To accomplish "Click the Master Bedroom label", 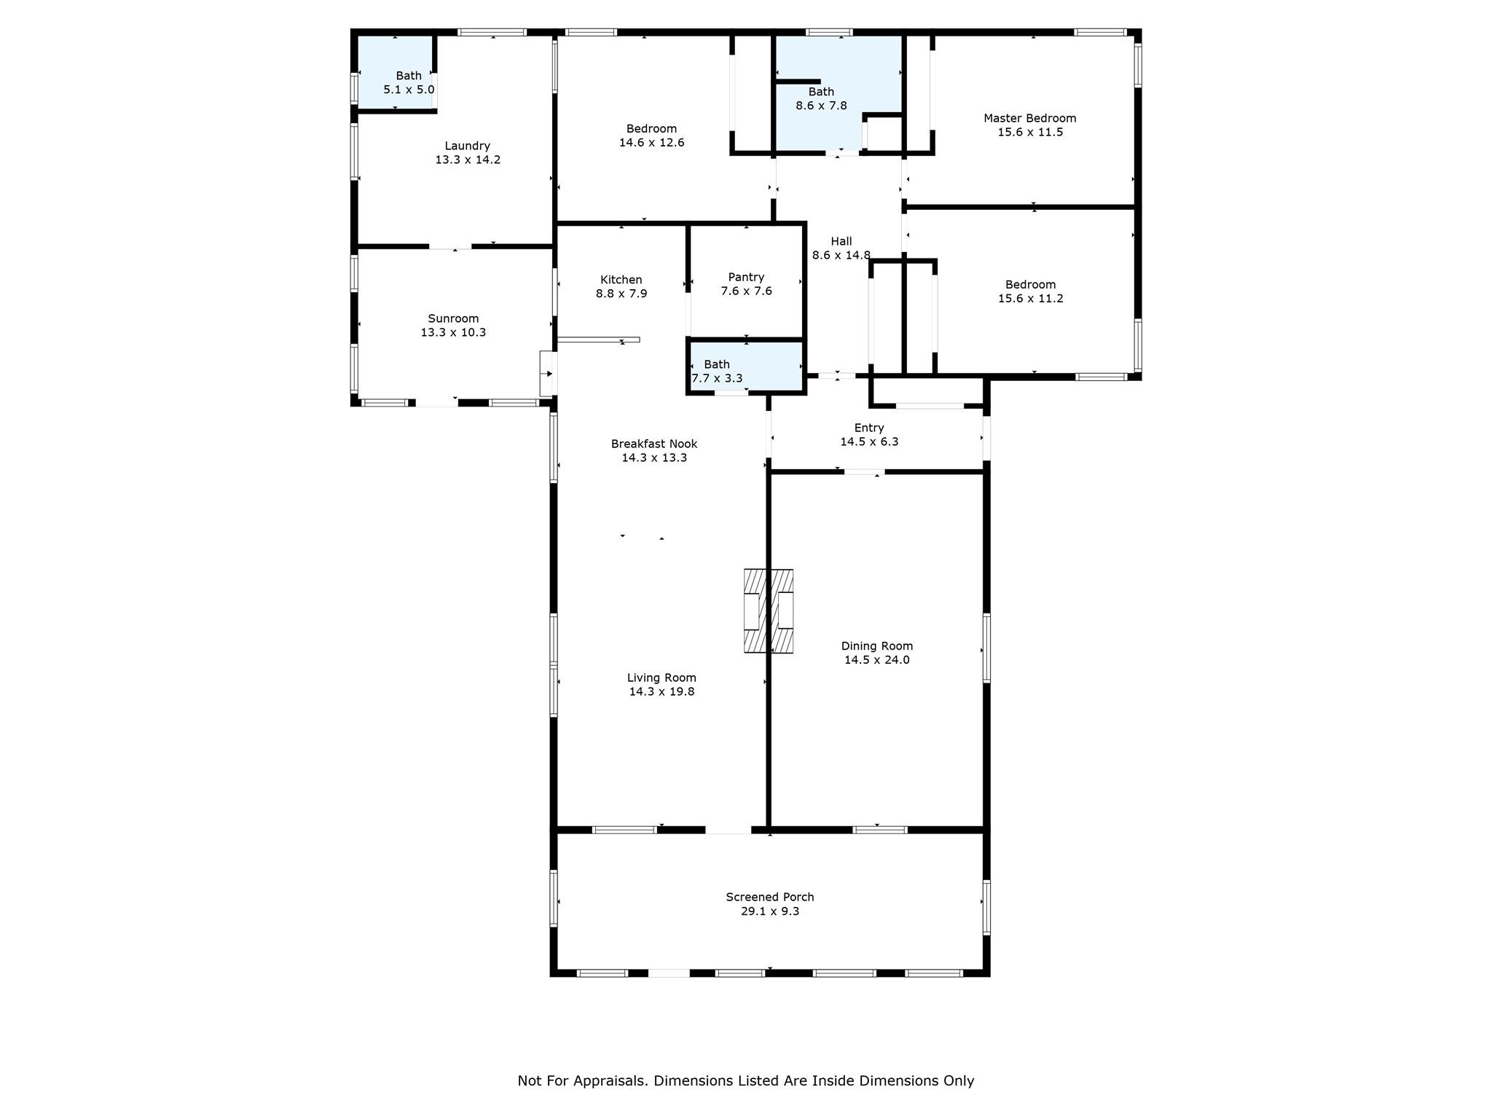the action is coord(1029,118).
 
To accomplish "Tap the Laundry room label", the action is coord(467,146).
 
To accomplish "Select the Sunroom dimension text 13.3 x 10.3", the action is coord(453,332).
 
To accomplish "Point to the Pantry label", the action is coord(746,277).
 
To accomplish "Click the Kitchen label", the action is coord(621,280).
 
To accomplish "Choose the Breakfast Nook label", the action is coord(654,444).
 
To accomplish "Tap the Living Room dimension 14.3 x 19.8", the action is coord(661,691).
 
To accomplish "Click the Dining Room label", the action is coord(876,646).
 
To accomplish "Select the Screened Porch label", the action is coord(770,898).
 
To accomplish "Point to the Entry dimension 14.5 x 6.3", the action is coord(869,441).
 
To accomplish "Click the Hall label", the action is coord(841,241).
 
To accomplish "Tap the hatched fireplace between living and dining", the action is coord(768,610).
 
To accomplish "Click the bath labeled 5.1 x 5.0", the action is coord(409,82).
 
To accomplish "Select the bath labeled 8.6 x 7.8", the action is coord(821,98).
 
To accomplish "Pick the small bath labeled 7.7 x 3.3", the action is coord(717,371).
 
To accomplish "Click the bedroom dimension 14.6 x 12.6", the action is coord(651,143).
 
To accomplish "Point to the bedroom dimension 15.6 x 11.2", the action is coord(1030,298).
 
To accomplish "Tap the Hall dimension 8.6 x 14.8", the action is coord(841,255).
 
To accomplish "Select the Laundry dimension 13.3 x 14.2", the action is coord(468,160).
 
